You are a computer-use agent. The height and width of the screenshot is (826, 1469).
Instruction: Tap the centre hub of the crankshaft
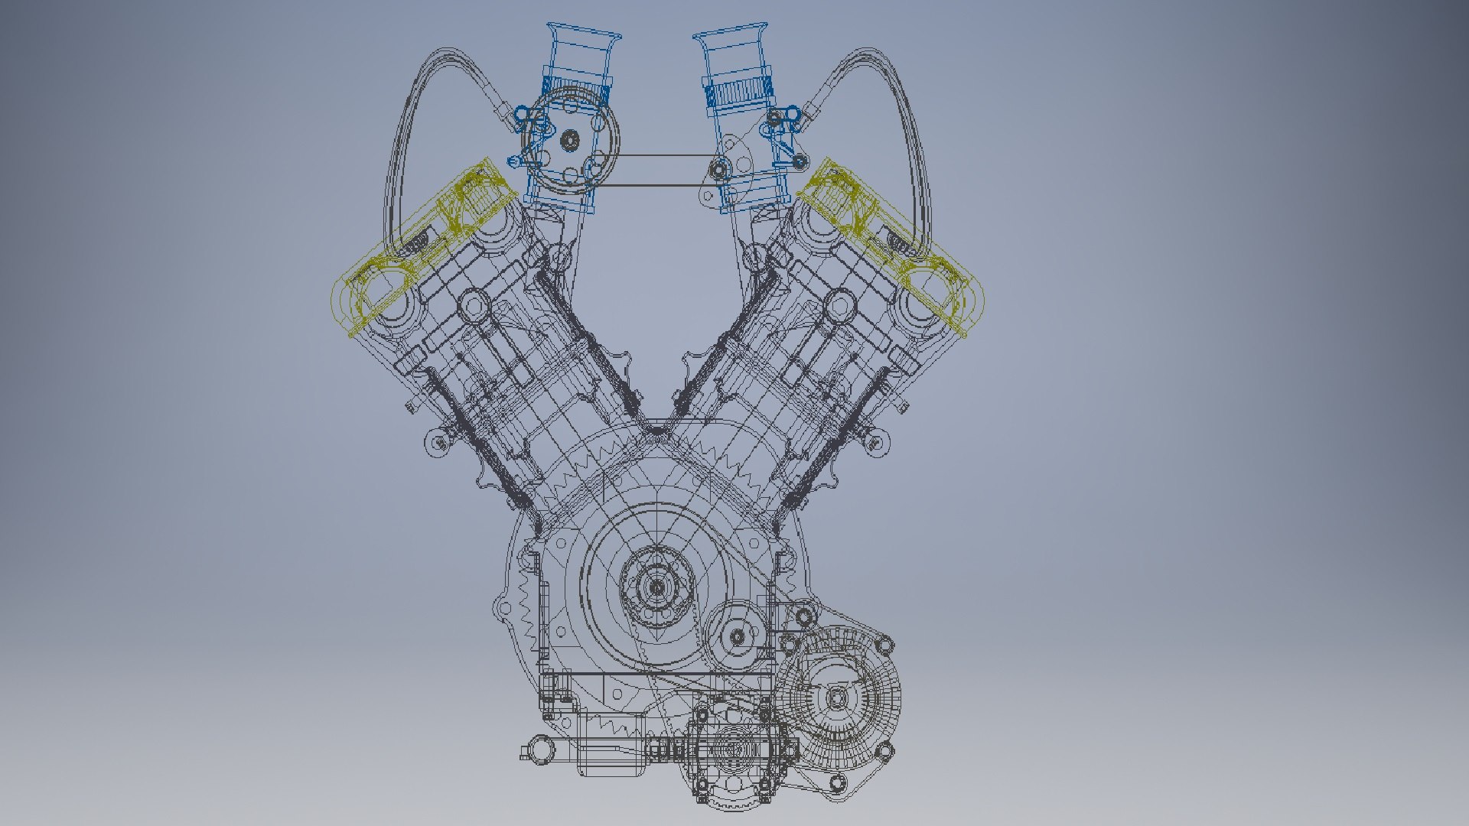[x=656, y=587]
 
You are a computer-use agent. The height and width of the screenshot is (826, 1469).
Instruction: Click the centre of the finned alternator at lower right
[x=837, y=697]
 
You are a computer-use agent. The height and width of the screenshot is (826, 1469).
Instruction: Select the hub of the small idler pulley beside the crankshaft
[x=737, y=636]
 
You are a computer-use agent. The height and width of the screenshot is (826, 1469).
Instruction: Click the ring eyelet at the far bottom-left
[x=540, y=750]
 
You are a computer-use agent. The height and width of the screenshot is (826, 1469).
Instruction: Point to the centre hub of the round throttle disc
[x=569, y=140]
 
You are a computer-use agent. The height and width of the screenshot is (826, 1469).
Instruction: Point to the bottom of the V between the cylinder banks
[x=657, y=432]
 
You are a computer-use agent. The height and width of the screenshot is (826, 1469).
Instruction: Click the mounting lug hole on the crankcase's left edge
[x=503, y=610]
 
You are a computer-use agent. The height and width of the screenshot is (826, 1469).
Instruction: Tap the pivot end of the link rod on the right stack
[x=718, y=169]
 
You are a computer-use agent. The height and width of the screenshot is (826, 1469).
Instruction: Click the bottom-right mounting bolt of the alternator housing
[x=839, y=782]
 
